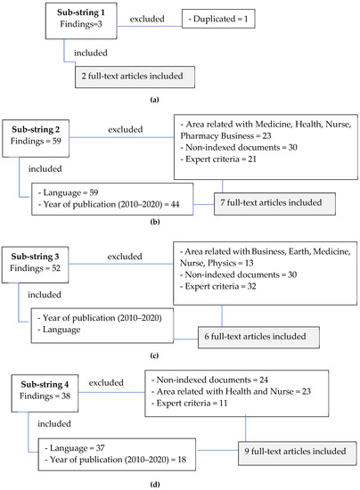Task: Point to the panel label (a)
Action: click(x=181, y=102)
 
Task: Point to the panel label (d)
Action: click(x=181, y=480)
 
